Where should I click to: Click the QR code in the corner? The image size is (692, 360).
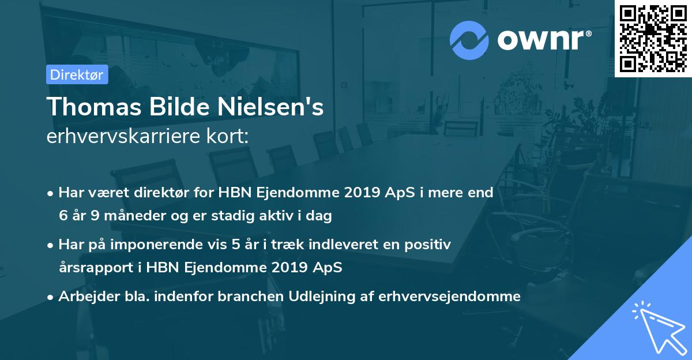click(653, 39)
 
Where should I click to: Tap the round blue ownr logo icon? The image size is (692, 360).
click(469, 40)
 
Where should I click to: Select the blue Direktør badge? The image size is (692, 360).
click(77, 74)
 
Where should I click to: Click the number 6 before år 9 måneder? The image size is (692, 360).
click(63, 216)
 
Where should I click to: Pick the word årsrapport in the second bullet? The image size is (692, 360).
click(91, 268)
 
